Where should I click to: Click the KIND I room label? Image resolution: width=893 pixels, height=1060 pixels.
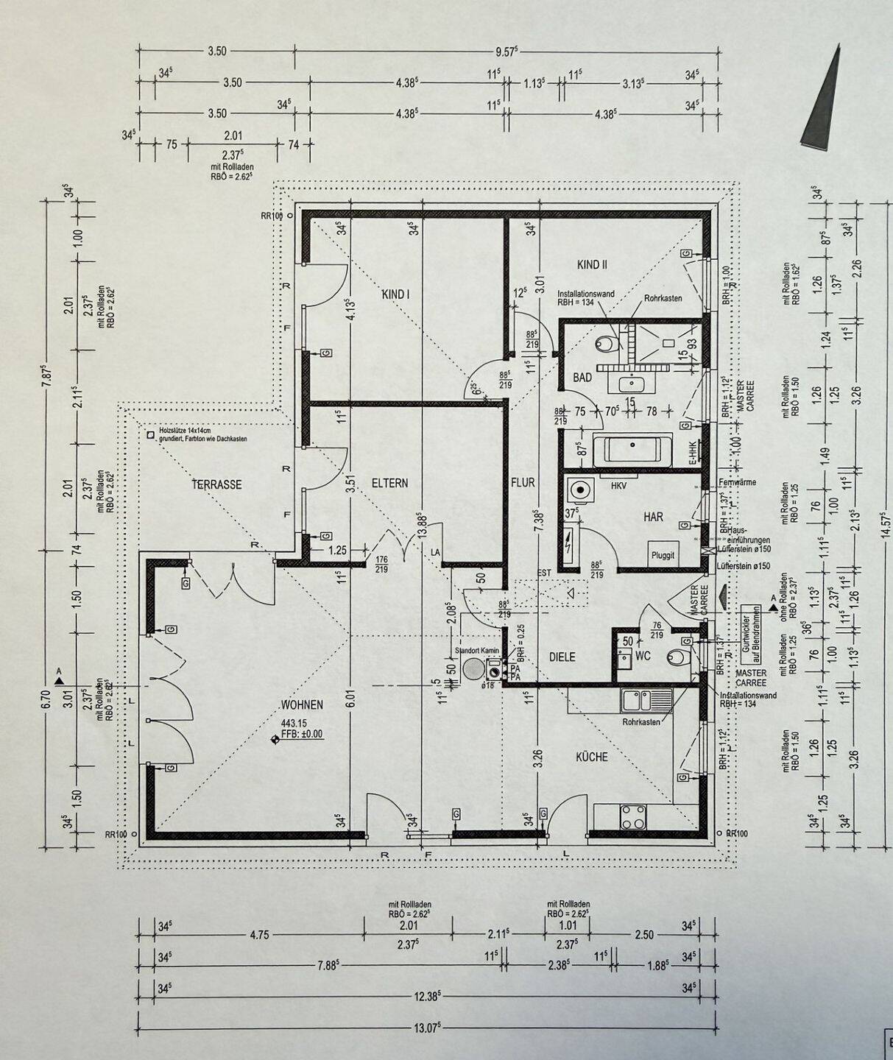pos(395,294)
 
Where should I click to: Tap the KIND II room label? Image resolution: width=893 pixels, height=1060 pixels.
pos(592,264)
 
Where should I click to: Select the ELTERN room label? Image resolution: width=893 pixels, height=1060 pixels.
pos(389,484)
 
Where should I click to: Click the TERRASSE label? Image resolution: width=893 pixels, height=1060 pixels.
pos(216,484)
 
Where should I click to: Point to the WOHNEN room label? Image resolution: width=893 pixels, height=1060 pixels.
pos(302,705)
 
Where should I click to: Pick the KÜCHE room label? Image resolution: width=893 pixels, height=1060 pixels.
pos(591,756)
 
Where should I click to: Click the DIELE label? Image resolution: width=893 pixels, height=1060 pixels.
pos(562,657)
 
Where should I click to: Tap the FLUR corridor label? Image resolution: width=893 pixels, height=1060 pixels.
pos(523,483)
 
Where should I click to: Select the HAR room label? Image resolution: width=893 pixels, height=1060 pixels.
pos(653,517)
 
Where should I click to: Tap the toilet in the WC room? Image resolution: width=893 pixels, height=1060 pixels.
pos(678,657)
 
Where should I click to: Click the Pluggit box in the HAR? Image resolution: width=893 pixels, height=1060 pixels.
pos(662,555)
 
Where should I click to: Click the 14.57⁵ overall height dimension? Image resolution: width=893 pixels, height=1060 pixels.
pos(886,524)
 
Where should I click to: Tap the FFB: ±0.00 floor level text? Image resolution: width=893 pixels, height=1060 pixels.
pos(302,734)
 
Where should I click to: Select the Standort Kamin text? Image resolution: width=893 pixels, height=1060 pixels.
pos(477,651)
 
